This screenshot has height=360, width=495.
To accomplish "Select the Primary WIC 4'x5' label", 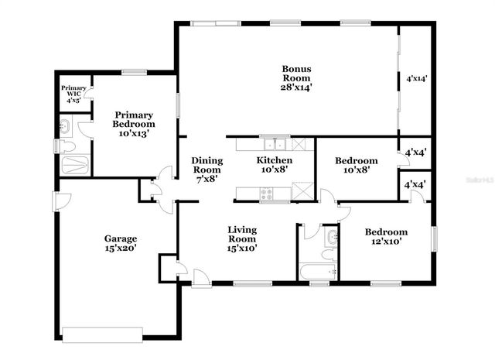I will coord(75,94).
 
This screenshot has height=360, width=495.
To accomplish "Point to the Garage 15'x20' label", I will coord(121,244).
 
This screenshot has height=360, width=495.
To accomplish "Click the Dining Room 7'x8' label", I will coord(207,169).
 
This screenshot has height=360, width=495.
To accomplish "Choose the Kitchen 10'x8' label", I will coord(275,166).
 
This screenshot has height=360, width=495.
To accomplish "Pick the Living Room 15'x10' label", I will coord(242,239).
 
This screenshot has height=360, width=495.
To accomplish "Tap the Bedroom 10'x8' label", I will coord(356,166).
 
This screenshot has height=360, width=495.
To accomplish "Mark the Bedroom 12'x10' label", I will coord(386,237).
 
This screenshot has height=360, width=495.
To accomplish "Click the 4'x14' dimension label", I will coord(417,79).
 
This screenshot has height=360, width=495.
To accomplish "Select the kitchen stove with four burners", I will coord(266,194).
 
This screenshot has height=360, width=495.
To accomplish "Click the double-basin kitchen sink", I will coord(274,144).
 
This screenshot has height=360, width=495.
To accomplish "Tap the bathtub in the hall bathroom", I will coord(317,272).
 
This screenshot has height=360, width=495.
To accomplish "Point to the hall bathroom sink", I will coord(332,238).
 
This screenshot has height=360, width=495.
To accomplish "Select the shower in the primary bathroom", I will coord(75,164).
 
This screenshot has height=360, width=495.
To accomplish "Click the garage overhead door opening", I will coord(102,335).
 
